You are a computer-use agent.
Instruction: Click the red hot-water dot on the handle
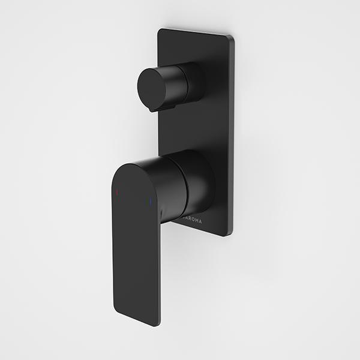coord(116,193)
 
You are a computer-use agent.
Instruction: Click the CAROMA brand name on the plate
coord(190,220)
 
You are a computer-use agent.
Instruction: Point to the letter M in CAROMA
coord(196,221)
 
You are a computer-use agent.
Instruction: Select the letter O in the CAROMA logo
coord(191,220)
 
